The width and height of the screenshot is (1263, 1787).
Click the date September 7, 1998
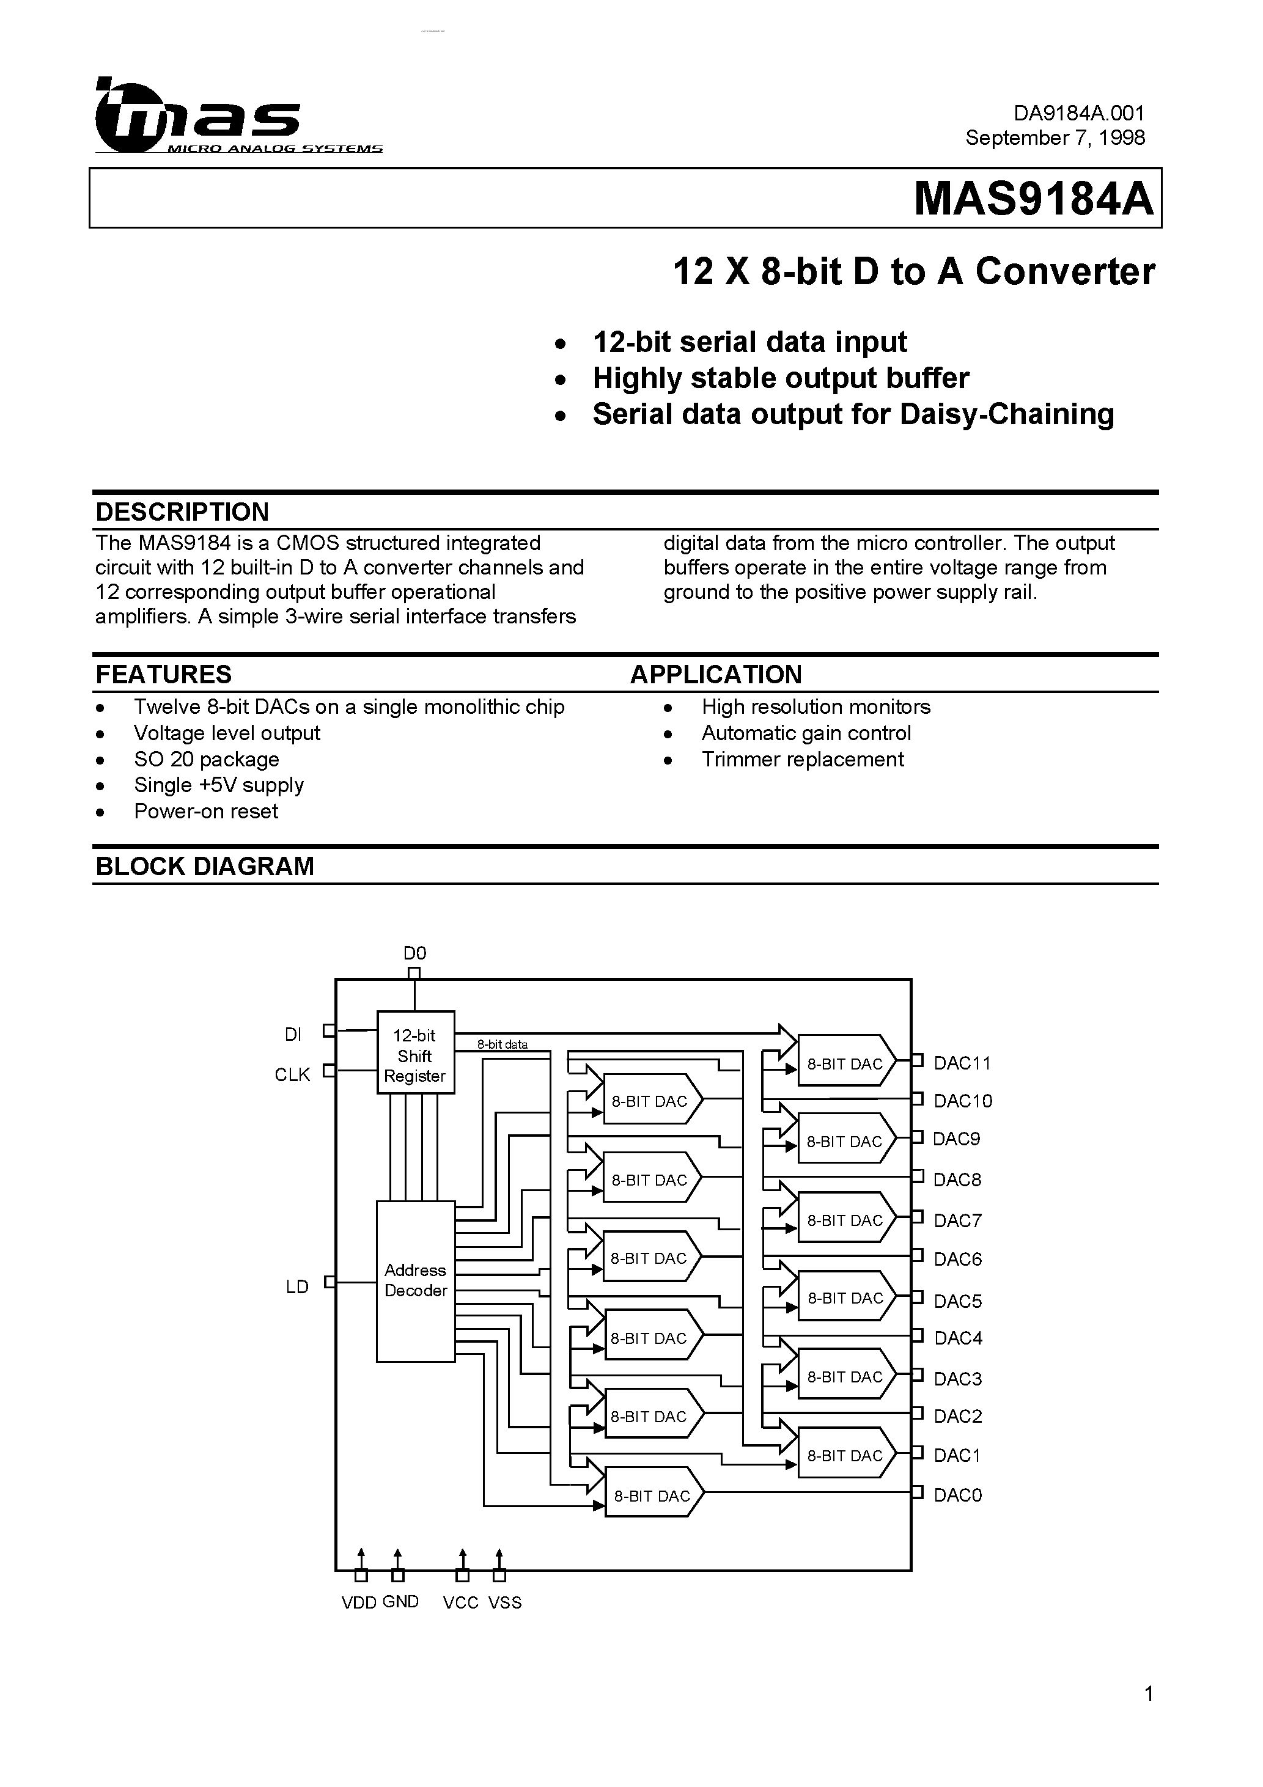point(1055,138)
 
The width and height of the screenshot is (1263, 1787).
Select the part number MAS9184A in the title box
point(1033,199)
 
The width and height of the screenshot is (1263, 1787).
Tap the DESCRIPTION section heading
point(182,512)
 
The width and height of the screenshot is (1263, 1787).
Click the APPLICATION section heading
point(716,674)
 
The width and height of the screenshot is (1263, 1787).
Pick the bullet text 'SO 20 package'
point(207,759)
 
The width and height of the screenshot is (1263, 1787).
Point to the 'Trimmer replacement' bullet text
point(802,759)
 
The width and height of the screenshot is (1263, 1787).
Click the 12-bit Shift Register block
point(416,1055)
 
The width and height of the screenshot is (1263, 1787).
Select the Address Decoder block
point(415,1280)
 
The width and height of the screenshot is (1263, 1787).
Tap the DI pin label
point(293,1035)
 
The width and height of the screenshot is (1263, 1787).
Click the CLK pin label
point(292,1075)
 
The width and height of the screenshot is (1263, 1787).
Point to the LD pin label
point(298,1286)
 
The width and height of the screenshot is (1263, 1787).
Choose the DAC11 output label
point(962,1063)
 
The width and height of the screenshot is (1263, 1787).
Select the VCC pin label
point(460,1602)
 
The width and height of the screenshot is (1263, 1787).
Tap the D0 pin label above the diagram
point(415,953)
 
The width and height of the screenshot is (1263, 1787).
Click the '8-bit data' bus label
point(503,1044)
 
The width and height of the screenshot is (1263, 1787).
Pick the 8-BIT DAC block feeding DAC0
point(652,1496)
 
